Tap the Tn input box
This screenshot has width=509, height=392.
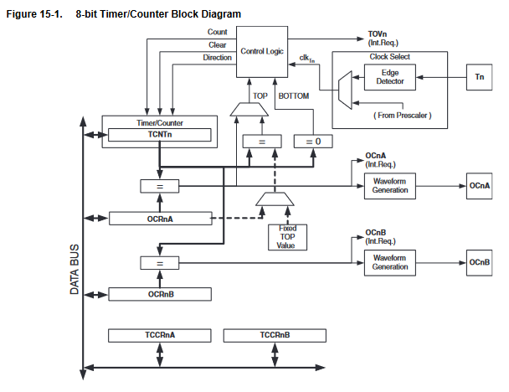click(479, 77)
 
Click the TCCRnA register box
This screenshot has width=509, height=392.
click(158, 335)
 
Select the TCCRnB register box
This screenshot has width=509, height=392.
click(274, 335)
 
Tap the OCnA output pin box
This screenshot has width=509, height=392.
click(479, 186)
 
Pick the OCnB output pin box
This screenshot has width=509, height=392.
click(479, 262)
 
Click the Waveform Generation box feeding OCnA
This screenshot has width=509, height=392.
click(390, 186)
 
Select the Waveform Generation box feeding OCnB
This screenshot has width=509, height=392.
click(390, 262)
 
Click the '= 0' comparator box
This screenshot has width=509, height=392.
click(312, 142)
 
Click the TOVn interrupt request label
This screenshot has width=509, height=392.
click(378, 39)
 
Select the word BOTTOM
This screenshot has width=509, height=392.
click(293, 96)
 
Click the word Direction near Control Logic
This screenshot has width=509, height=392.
click(217, 58)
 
